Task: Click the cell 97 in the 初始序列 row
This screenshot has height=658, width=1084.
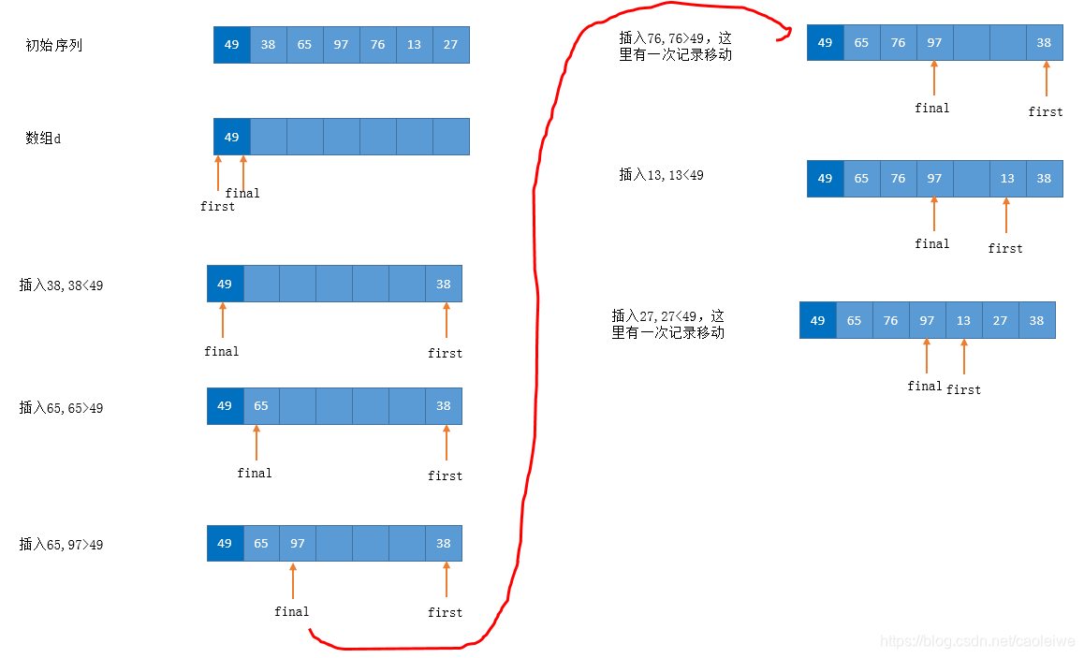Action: [x=341, y=45]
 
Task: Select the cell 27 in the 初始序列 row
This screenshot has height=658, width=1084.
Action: [x=450, y=45]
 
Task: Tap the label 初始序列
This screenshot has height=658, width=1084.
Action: [x=54, y=45]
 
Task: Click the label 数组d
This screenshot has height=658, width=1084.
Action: [x=43, y=139]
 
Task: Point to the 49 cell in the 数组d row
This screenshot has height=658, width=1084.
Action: [x=231, y=137]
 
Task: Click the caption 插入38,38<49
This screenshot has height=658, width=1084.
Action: [x=61, y=285]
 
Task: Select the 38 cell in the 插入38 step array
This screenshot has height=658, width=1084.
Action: [x=443, y=284]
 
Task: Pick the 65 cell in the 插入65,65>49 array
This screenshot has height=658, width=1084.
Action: [x=261, y=406]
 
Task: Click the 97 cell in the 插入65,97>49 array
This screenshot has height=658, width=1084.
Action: [x=297, y=544]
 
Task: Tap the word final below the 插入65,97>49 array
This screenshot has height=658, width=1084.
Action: [x=291, y=611]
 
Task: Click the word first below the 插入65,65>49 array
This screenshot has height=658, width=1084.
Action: [x=445, y=475]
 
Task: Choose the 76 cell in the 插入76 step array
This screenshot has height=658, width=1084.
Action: [x=898, y=43]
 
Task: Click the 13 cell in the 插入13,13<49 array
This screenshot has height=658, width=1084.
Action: [x=1006, y=179]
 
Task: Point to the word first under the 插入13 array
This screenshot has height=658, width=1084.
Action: [x=1005, y=248]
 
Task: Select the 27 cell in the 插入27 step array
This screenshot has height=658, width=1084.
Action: [x=1000, y=320]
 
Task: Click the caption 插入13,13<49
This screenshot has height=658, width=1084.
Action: [x=661, y=175]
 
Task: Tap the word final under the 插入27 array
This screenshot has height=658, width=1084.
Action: [x=925, y=386]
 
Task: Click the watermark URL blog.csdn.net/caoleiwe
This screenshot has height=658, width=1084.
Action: [x=978, y=641]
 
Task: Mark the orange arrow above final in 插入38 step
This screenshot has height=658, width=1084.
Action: [x=223, y=320]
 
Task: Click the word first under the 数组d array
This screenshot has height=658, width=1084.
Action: [x=217, y=206]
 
